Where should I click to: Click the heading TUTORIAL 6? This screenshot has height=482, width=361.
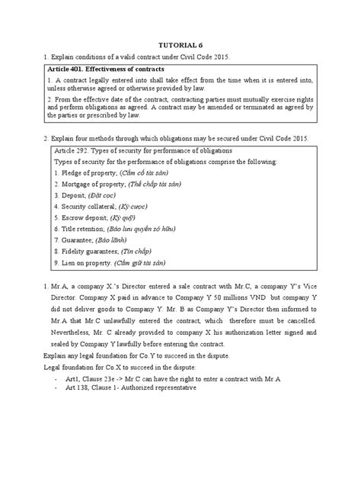pyautogui.click(x=180, y=45)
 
